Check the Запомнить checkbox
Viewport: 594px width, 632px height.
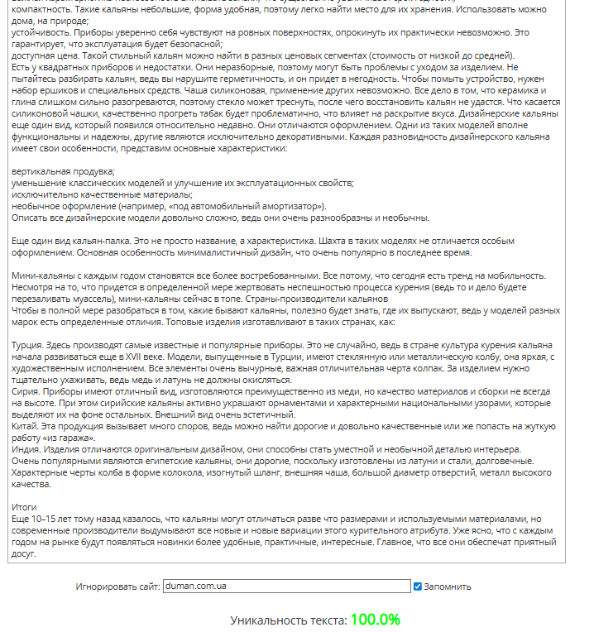point(418,587)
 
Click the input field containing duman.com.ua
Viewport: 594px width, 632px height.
point(286,587)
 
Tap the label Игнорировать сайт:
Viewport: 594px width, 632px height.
point(117,587)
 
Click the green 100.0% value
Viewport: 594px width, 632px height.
point(375,620)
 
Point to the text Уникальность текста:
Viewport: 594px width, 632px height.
point(288,620)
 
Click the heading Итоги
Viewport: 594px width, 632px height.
point(25,506)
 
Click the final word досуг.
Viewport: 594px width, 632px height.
point(26,553)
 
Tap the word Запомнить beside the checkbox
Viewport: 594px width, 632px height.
point(448,587)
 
